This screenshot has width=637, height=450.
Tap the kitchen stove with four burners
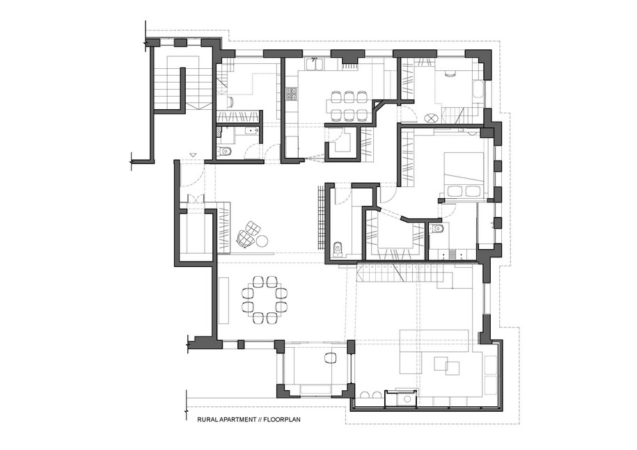coord(292,93)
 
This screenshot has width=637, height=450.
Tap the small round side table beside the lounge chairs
coord(263,241)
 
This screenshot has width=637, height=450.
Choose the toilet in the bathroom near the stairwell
coord(224,151)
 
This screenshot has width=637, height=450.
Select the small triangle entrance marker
coord(193,154)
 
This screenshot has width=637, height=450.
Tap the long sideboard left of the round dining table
coord(223,300)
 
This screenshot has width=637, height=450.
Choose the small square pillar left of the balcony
coord(241,344)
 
